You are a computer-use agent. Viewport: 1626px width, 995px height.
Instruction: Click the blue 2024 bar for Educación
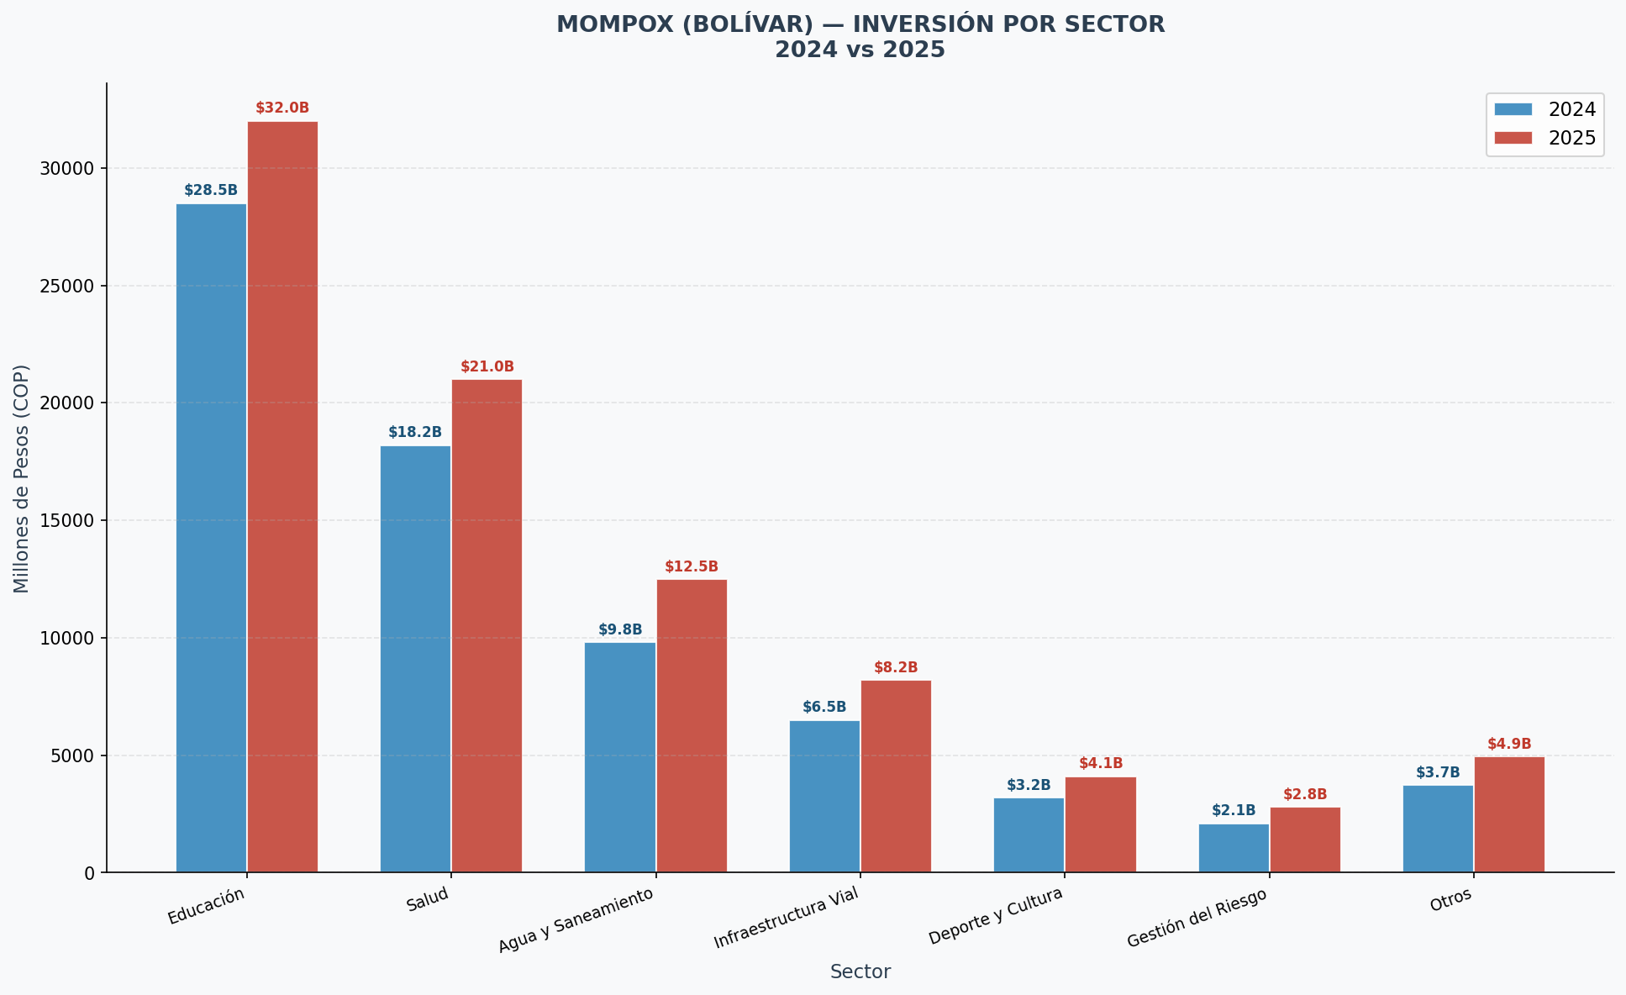211,538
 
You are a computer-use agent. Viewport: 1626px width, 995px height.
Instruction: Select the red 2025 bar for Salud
487,626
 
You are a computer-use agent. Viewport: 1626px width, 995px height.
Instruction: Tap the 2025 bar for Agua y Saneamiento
692,726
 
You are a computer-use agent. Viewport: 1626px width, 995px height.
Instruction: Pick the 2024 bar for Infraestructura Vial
824,797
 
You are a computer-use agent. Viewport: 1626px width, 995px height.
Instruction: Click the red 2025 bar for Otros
1509,815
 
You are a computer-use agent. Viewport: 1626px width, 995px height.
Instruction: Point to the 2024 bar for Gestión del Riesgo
1234,848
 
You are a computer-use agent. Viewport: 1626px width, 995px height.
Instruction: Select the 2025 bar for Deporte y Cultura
1101,824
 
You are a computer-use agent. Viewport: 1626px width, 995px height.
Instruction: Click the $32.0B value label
282,108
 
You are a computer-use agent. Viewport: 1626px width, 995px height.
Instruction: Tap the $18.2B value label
415,433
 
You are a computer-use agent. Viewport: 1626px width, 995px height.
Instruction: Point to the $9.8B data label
620,629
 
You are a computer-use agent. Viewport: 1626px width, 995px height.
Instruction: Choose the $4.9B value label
1509,745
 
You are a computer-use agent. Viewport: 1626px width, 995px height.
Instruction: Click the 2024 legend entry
1544,109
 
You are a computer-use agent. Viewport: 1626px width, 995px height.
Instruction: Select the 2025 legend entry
1544,138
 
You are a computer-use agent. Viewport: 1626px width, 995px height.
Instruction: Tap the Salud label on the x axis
428,900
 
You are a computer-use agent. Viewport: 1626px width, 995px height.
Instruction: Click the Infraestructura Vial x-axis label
787,919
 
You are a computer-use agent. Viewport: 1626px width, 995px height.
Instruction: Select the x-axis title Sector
860,972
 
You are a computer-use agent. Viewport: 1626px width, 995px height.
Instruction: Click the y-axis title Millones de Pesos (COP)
22,478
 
